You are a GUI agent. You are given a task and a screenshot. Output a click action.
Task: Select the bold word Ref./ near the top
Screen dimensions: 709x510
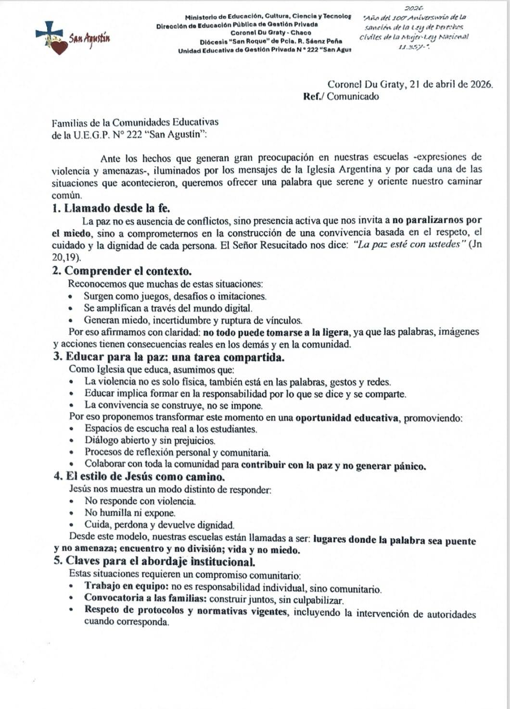coord(314,96)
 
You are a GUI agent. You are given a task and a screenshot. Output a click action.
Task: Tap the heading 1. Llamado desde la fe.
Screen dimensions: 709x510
coord(111,208)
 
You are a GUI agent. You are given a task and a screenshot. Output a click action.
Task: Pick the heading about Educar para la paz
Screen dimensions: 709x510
coord(168,357)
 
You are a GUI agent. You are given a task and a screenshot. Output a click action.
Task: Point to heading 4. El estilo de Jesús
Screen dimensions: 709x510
coord(140,477)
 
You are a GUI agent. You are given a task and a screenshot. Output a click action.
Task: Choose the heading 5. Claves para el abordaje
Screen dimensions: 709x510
coord(154,561)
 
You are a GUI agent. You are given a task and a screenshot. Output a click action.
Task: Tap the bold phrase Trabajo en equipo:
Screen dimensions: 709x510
coord(127,586)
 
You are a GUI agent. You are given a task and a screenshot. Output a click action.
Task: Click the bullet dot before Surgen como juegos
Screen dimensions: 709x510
coord(71,297)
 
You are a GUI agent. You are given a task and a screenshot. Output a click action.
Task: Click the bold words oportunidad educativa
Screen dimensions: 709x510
coord(347,418)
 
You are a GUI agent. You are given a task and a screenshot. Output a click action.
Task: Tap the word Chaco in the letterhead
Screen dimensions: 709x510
coord(301,33)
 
